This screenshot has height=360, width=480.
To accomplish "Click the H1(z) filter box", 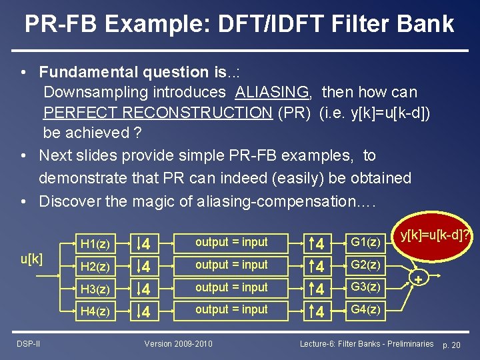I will coord(95,243).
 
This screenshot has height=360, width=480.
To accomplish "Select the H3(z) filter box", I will coord(95,289).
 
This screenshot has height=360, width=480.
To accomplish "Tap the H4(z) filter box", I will coord(95,311).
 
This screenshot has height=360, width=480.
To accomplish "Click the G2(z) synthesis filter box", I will coord(365,265).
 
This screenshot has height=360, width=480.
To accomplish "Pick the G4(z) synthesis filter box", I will coord(365,310).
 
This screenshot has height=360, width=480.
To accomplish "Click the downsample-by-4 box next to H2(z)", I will coord(145,267).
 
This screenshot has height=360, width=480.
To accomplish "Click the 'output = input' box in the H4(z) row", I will coord(231,310).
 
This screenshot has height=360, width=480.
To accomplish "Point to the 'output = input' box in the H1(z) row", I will coord(231,243).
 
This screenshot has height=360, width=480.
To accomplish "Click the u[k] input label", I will coord(31,259).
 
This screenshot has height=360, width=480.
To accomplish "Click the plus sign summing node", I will coord(419,279).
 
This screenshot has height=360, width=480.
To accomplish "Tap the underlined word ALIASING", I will coord(272,92).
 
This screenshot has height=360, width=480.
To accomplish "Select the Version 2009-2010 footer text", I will coord(179,343).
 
